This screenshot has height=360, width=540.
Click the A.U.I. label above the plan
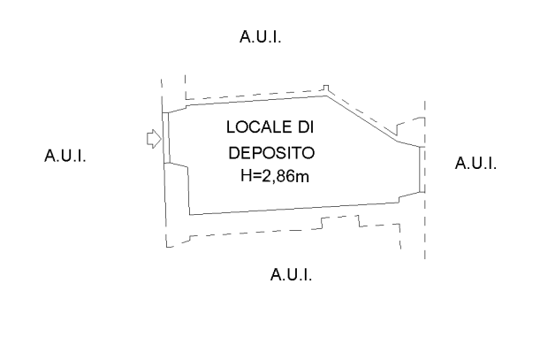(x=261, y=36)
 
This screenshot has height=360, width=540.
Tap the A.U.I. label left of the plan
(x=65, y=156)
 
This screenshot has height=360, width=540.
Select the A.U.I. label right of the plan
(x=475, y=163)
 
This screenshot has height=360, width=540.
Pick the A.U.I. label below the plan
(x=291, y=275)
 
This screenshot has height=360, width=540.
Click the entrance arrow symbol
(x=154, y=139)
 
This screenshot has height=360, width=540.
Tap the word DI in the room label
(x=306, y=127)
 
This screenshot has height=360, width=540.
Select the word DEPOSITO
(x=271, y=153)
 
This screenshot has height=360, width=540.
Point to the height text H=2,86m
(x=275, y=176)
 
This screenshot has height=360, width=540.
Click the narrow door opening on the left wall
(x=166, y=138)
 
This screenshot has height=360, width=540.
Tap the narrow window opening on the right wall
(x=422, y=169)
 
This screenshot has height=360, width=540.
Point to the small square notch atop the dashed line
(x=326, y=88)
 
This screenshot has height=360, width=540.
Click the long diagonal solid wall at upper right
(x=362, y=119)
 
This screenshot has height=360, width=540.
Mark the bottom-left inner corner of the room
(x=190, y=215)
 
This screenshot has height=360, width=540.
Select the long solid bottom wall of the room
(x=294, y=209)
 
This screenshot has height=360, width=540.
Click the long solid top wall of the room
(x=256, y=100)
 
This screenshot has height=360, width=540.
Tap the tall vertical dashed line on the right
(x=425, y=180)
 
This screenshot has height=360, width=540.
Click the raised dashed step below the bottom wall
(x=340, y=219)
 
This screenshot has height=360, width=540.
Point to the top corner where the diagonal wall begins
(x=326, y=96)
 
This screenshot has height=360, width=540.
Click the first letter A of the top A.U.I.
(x=245, y=36)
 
